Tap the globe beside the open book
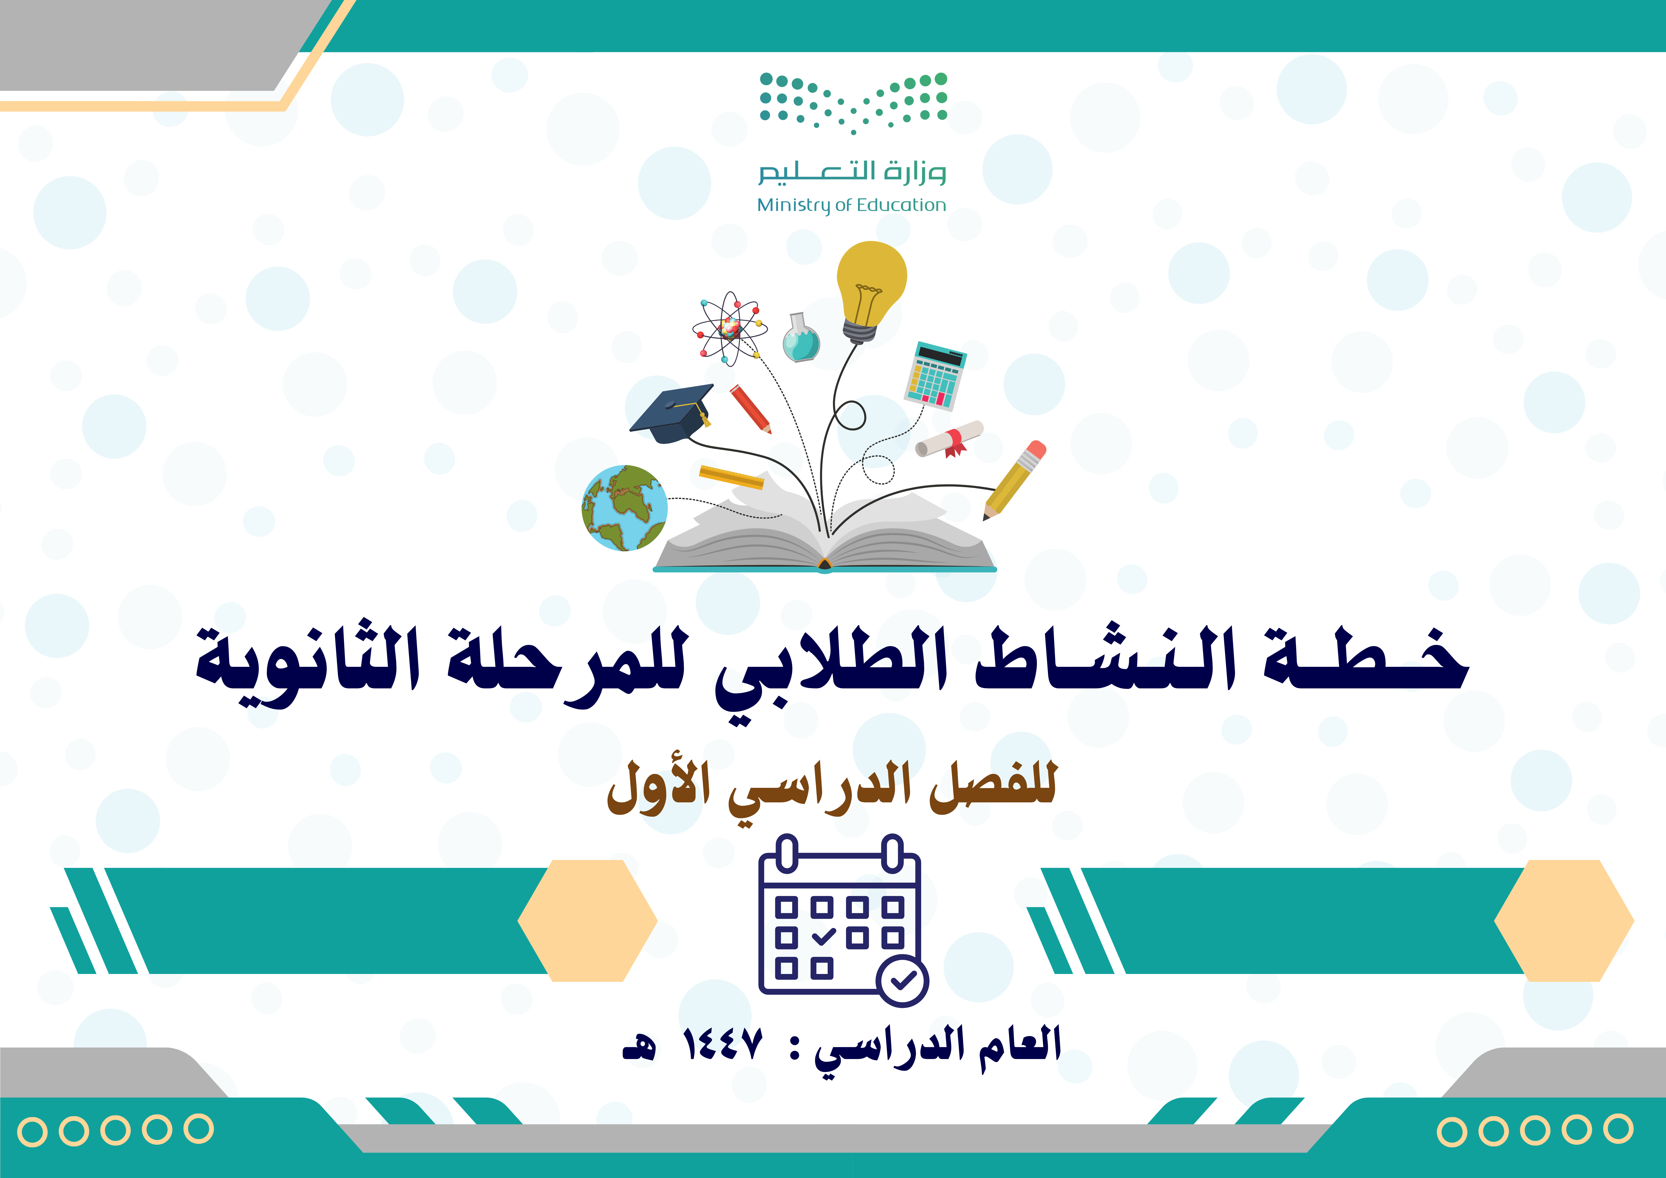(x=624, y=508)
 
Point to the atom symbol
(x=729, y=329)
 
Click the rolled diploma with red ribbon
(x=949, y=439)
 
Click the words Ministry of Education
(x=851, y=205)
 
